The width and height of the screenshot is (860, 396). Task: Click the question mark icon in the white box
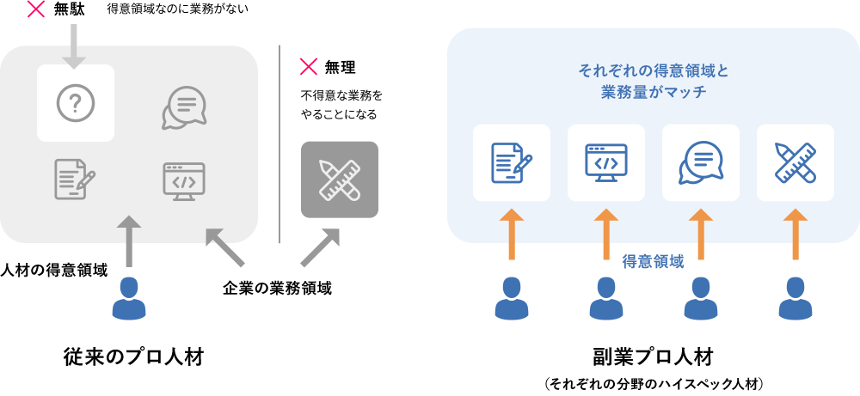tap(76, 103)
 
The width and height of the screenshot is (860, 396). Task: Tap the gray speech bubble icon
tap(184, 107)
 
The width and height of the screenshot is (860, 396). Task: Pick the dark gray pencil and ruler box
tap(339, 179)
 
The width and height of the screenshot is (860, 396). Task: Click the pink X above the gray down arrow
tap(37, 10)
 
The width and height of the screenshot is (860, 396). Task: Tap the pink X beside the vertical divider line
tap(308, 67)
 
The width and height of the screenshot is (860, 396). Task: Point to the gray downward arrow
tap(75, 46)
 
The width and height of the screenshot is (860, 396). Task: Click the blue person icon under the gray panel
tap(129, 298)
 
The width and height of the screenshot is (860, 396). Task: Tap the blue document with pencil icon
tap(511, 162)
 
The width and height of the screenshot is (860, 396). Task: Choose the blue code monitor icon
tap(606, 162)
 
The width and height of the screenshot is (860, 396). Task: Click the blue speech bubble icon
tap(700, 162)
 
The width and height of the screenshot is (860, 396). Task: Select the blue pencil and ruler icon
tap(795, 162)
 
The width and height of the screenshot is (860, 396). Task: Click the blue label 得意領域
tap(653, 263)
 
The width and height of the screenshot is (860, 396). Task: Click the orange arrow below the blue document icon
tap(511, 233)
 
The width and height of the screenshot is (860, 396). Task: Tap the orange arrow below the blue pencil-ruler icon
tap(795, 233)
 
